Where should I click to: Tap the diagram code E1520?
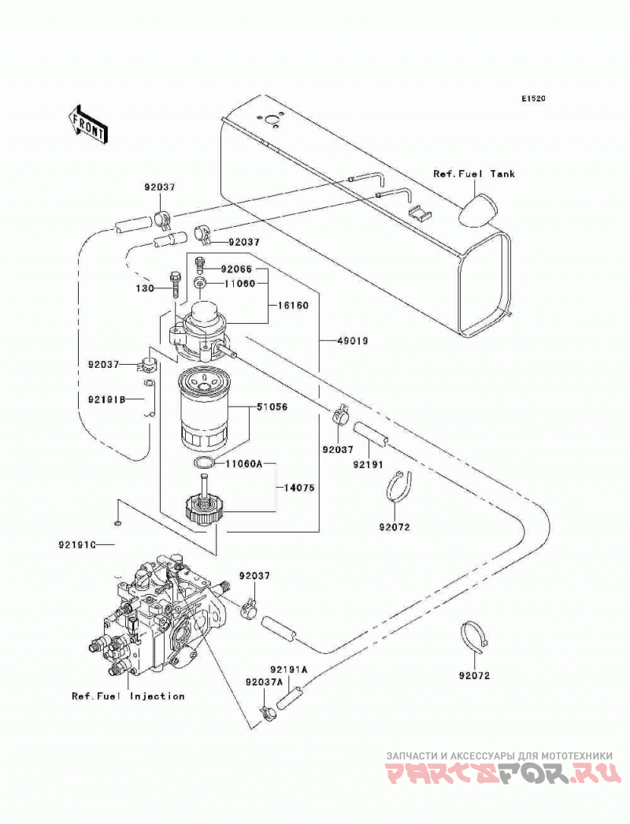point(533,98)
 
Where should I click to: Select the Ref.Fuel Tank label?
point(474,173)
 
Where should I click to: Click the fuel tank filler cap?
point(478,211)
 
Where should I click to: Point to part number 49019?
point(352,341)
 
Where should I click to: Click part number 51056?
point(272,406)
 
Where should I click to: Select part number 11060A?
point(243,464)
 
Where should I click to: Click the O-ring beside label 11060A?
point(204,463)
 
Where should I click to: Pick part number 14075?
point(299,488)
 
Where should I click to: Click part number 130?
point(144,288)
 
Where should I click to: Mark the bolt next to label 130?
point(176,285)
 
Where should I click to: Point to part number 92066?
point(236,269)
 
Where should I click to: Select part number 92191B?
point(106,399)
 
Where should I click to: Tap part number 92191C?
point(76,545)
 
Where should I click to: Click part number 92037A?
point(264,681)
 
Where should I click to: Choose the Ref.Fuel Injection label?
point(128,696)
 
